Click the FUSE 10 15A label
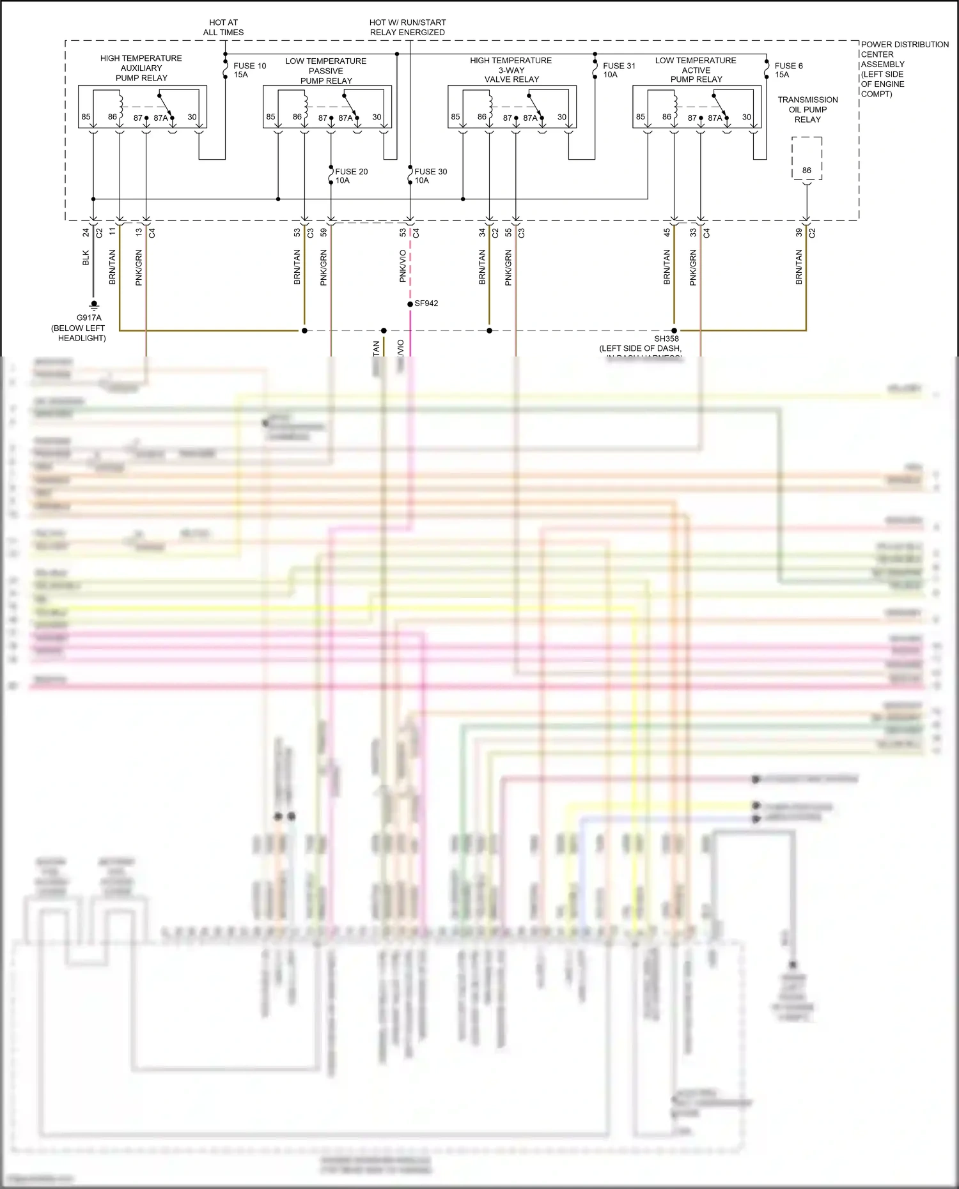[249, 70]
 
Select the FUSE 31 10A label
[619, 70]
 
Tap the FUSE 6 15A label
[788, 70]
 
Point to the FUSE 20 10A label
[351, 176]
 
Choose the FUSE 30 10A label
[430, 176]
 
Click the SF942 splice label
[426, 303]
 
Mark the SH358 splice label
[666, 339]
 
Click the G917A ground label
[89, 318]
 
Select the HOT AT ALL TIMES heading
[223, 27]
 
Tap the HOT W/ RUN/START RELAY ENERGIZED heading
[407, 27]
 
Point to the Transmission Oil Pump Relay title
[807, 109]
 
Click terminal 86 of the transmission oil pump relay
[807, 171]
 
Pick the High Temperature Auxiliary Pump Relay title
[141, 68]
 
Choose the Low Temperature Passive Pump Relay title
[326, 70]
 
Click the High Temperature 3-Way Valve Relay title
[511, 70]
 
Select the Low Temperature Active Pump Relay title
[696, 70]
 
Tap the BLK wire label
[86, 258]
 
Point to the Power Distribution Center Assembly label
[904, 69]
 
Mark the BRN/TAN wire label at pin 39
[799, 267]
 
